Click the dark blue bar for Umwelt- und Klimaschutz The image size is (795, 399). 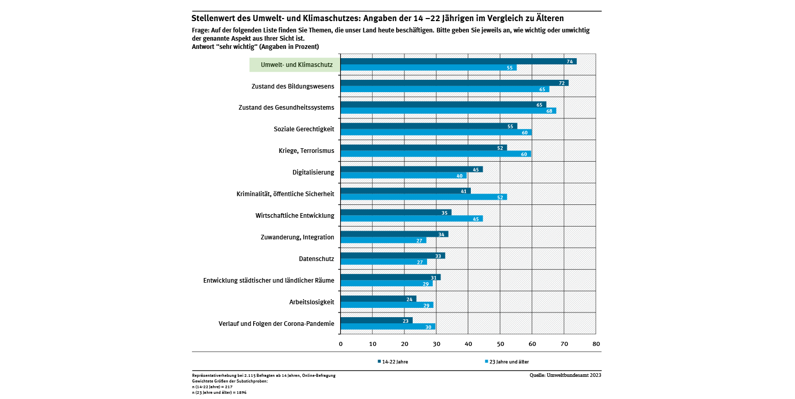(x=458, y=61)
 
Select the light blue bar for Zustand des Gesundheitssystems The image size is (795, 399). (x=448, y=111)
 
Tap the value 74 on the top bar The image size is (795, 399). (x=570, y=61)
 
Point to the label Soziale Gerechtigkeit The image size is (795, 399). (x=304, y=129)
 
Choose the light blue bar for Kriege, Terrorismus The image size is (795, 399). (x=435, y=154)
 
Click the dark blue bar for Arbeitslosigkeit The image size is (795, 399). (x=378, y=299)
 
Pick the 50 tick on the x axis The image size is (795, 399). (x=500, y=344)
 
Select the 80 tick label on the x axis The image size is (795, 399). (x=596, y=344)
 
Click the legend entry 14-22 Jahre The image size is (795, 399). (x=395, y=362)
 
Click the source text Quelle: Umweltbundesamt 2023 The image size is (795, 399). (x=565, y=375)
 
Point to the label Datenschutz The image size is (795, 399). (x=316, y=259)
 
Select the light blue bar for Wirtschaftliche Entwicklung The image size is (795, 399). (x=411, y=219)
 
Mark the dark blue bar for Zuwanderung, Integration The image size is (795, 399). (x=394, y=234)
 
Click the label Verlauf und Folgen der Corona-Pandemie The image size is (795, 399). (x=276, y=324)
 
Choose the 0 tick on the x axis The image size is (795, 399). (x=341, y=344)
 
